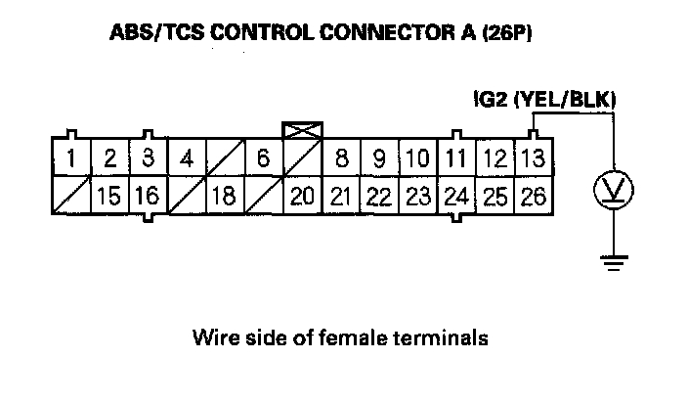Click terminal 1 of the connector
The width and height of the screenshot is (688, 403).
tap(72, 158)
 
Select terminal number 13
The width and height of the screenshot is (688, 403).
tap(533, 158)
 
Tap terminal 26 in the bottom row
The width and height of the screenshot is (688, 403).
tap(533, 196)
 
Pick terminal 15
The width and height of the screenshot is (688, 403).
tap(109, 196)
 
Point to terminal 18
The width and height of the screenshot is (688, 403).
tap(224, 196)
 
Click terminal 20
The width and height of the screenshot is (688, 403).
tap(302, 196)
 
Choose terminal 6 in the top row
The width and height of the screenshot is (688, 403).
tap(263, 158)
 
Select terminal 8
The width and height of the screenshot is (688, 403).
tap(341, 158)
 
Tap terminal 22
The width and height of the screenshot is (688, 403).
tap(379, 196)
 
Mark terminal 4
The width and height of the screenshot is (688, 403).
tap(186, 158)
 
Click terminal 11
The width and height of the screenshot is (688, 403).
tap(455, 158)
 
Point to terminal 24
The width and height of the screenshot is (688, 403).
tap(455, 196)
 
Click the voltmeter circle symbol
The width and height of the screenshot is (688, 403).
tap(612, 191)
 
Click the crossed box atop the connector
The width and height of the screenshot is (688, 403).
tap(296, 130)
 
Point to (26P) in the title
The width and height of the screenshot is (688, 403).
tap(506, 35)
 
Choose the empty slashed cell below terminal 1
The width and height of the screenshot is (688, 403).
tap(72, 196)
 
